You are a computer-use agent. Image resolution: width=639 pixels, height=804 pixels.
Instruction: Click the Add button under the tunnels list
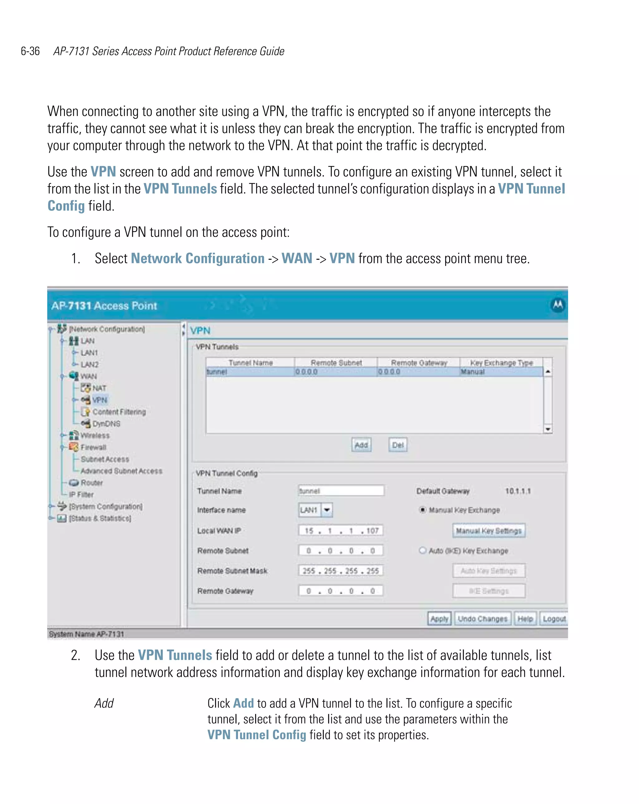[x=361, y=445]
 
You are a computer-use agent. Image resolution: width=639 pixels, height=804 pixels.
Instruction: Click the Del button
[x=398, y=445]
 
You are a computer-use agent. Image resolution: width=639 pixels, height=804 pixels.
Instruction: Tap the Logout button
[x=554, y=619]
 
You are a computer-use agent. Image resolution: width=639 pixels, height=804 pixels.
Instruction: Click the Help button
[x=525, y=619]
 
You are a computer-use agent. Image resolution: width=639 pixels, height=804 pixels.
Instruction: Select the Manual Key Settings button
[x=488, y=531]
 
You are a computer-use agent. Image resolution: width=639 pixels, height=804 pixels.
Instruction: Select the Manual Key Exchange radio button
[x=422, y=510]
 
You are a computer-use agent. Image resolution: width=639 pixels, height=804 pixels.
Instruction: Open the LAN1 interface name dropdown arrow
[x=327, y=510]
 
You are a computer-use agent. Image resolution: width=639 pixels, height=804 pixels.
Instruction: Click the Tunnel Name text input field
[x=341, y=491]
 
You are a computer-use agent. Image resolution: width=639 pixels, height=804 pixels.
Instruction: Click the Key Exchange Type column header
[x=501, y=363]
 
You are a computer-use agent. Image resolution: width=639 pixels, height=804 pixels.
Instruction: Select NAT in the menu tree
[x=99, y=388]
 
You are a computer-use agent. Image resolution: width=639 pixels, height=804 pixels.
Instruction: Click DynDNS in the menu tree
[x=106, y=424]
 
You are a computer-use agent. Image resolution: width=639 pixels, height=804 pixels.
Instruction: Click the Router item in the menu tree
[x=91, y=483]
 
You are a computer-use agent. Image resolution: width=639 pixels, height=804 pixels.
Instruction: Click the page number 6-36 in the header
[x=30, y=51]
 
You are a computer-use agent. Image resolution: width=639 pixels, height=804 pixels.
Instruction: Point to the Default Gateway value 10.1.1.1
[x=517, y=491]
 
